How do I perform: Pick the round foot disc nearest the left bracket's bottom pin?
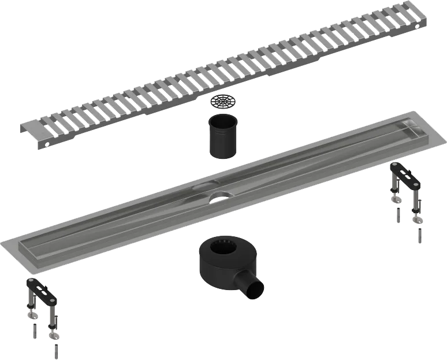point(54,336)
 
